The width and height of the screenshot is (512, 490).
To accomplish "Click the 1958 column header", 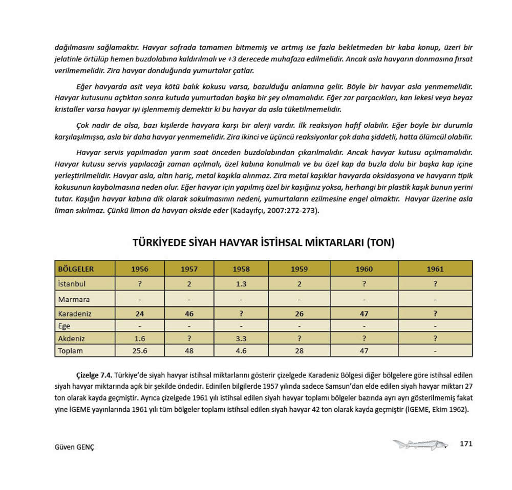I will [x=241, y=269].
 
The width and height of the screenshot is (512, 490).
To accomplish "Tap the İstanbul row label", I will [x=72, y=283].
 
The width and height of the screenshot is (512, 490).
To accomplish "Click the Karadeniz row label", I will [x=75, y=314].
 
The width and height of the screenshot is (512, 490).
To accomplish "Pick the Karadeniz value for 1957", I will [x=189, y=314].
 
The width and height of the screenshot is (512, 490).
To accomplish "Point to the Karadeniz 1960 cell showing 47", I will [x=364, y=314].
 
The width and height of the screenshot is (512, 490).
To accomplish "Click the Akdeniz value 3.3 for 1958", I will [x=241, y=339].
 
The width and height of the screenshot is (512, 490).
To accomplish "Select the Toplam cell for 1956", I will [x=140, y=351].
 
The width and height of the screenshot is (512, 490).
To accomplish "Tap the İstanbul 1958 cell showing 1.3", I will [x=241, y=283].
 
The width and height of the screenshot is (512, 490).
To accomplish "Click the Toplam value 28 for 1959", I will [x=299, y=351].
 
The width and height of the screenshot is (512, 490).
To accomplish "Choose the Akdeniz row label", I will [x=72, y=339].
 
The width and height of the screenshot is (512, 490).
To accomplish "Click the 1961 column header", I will [x=435, y=269].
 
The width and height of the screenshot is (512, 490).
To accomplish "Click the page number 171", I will [x=466, y=443].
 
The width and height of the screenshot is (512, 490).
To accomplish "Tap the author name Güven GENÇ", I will [x=74, y=447].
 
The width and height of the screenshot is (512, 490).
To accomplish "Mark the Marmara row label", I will [x=74, y=299].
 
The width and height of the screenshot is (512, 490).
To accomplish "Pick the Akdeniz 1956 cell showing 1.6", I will [x=140, y=339].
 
